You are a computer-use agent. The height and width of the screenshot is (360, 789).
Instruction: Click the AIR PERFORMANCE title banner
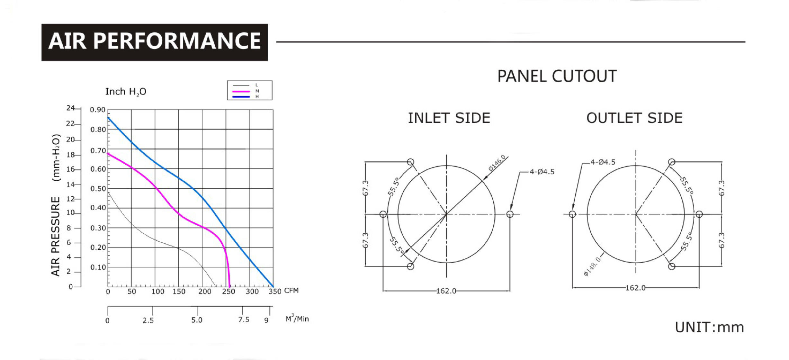tap(155, 42)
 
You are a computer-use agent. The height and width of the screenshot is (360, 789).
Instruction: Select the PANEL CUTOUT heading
tap(557, 76)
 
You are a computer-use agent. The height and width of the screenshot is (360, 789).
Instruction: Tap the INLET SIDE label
tap(449, 118)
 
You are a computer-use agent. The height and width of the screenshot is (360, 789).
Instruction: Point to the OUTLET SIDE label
tap(634, 118)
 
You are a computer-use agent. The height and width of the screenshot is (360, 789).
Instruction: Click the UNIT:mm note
tap(709, 328)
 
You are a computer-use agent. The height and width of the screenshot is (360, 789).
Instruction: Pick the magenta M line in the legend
tap(241, 91)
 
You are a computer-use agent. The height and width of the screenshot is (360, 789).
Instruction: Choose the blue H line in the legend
tap(241, 96)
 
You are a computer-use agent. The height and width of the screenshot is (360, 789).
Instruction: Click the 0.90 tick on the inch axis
tap(98, 110)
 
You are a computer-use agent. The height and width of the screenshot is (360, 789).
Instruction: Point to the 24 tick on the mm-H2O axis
tap(70, 108)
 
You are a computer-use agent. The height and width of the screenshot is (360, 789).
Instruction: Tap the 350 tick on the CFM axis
tap(275, 291)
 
